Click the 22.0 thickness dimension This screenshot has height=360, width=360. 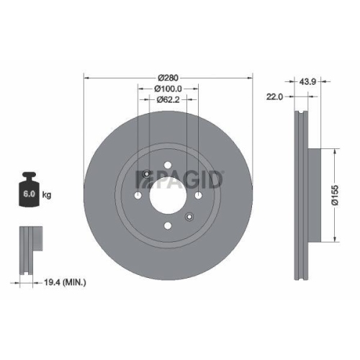pyautogui.click(x=274, y=95)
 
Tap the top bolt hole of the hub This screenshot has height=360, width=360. pyautogui.click(x=167, y=168)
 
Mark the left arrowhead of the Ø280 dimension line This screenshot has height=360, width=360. pyautogui.click(x=87, y=76)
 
